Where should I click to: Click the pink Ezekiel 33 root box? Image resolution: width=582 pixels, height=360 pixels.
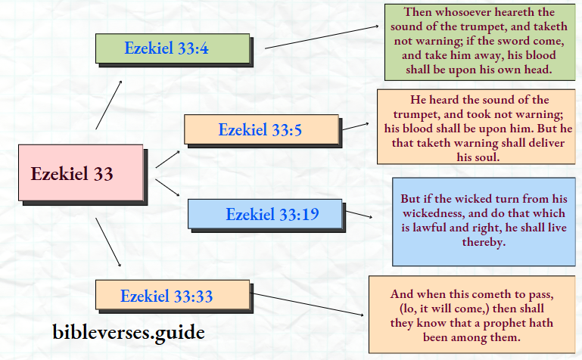click(80, 173)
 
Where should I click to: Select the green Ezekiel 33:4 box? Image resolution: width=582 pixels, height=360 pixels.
click(173, 49)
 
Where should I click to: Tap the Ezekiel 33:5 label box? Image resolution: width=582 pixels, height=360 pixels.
click(260, 129)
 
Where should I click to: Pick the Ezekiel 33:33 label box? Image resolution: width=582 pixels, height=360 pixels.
click(172, 295)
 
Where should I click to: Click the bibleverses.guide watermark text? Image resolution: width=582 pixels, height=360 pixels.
click(129, 331)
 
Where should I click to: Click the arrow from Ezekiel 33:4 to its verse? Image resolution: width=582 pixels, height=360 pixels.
click(321, 37)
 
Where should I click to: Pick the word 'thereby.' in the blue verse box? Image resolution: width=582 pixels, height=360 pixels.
click(484, 242)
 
